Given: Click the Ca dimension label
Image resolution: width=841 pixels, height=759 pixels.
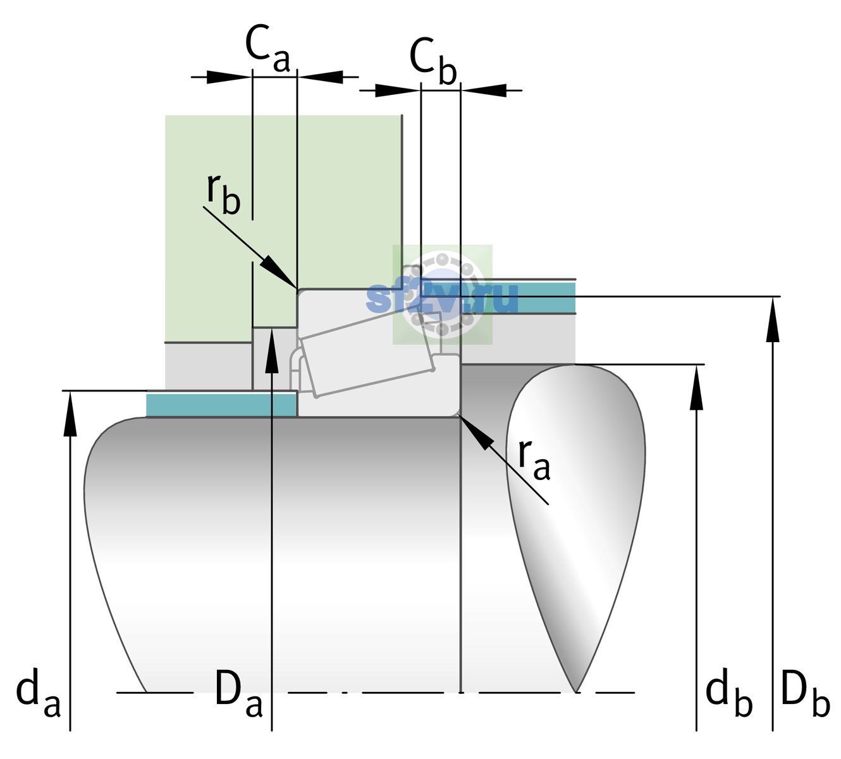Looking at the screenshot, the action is (x=267, y=49).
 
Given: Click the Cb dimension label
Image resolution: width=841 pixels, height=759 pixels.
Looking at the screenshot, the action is (x=433, y=61).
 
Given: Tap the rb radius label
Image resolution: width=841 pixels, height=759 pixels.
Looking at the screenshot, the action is (x=224, y=194).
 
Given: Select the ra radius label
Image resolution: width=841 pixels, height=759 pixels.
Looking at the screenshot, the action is (x=534, y=460).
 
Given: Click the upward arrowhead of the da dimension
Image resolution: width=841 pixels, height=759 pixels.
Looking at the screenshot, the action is (x=70, y=414).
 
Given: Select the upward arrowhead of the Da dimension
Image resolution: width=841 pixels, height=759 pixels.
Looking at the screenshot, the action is (x=272, y=350).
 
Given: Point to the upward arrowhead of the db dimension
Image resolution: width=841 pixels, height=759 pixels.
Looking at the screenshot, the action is (x=696, y=387).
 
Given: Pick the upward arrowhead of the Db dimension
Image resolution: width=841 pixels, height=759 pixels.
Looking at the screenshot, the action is (x=773, y=319).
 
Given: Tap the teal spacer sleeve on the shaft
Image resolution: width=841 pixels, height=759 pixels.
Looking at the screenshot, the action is (x=221, y=405).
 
